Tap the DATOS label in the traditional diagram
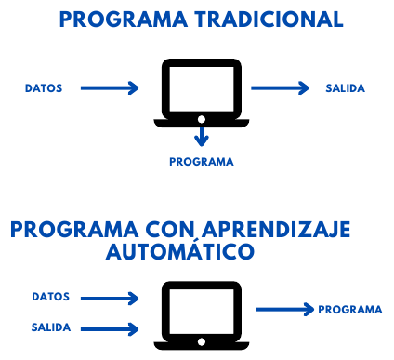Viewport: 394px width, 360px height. click(x=44, y=88)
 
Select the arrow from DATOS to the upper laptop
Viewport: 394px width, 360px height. click(x=110, y=88)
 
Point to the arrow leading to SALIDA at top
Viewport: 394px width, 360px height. click(x=280, y=88)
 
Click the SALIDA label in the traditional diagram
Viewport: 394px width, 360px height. click(x=345, y=88)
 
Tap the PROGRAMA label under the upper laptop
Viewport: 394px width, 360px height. click(x=202, y=160)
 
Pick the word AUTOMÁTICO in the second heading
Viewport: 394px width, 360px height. click(x=180, y=252)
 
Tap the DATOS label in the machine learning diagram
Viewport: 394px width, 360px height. click(x=51, y=298)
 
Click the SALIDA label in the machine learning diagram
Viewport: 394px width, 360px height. click(x=51, y=327)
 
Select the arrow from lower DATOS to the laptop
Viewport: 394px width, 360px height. click(x=110, y=298)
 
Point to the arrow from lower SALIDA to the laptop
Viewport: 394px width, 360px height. click(x=110, y=327)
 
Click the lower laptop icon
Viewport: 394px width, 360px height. click(x=201, y=313)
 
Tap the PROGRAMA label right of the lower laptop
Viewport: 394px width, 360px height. click(x=349, y=310)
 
